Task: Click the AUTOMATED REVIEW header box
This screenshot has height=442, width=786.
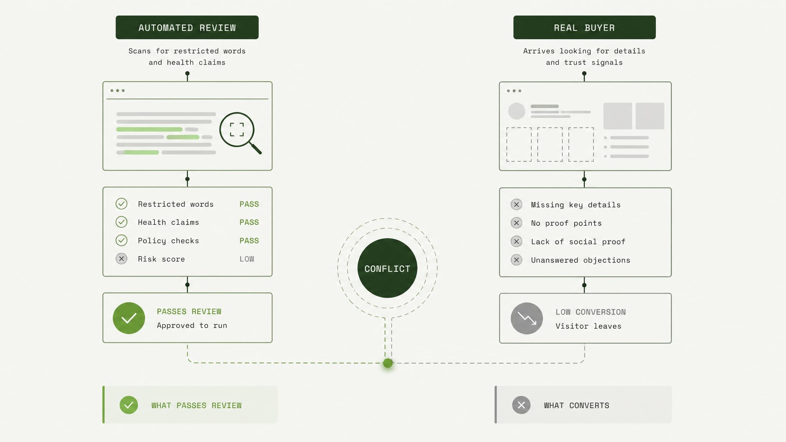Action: tap(187, 27)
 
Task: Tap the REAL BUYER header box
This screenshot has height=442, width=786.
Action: tap(584, 27)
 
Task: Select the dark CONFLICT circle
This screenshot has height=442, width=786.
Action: tap(387, 268)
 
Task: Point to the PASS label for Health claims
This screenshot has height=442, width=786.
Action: tap(249, 222)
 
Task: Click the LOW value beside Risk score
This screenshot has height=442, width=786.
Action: tap(247, 259)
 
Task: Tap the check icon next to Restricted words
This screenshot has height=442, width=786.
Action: tap(121, 203)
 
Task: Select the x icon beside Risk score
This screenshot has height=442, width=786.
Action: tap(121, 259)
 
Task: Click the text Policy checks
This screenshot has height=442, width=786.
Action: tap(168, 241)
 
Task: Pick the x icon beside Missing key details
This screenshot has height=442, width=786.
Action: tap(516, 205)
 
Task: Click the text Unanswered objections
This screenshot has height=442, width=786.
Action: tap(581, 260)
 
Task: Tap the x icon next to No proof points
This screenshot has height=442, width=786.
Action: tap(516, 223)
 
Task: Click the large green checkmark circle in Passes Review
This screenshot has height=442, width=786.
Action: tap(129, 318)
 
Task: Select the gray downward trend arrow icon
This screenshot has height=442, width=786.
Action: tap(527, 318)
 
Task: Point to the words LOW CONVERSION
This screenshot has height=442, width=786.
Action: tap(591, 312)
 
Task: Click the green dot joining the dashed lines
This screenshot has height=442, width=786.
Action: tap(388, 363)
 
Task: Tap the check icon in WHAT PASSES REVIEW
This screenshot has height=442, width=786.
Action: tap(129, 405)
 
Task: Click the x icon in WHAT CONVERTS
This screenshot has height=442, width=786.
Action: tap(521, 405)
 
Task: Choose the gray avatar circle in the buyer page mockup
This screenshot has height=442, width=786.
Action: tap(517, 111)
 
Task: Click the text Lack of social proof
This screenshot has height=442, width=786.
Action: tap(578, 242)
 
